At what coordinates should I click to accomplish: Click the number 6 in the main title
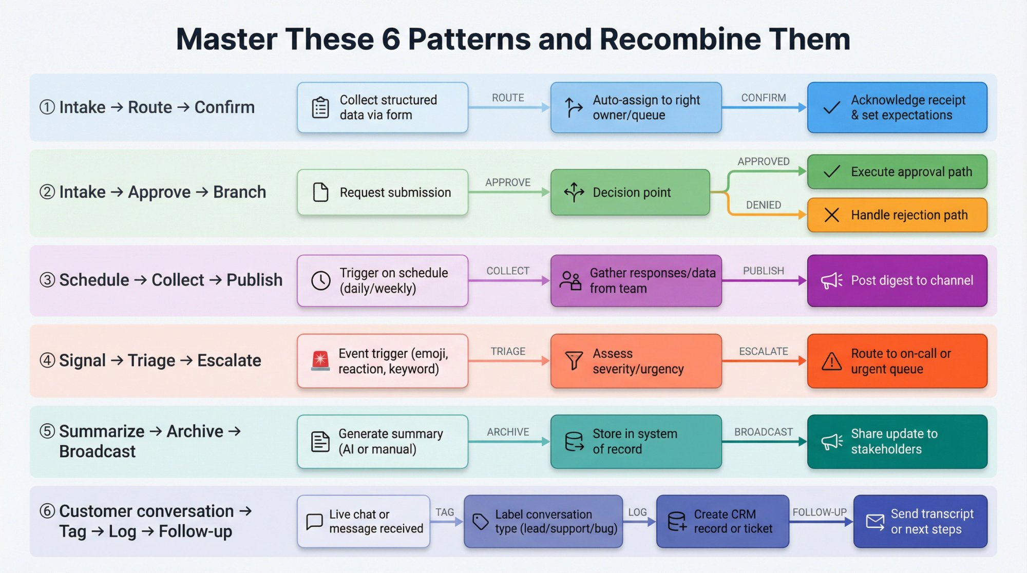point(391,40)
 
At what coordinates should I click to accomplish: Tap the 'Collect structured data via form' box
point(382,107)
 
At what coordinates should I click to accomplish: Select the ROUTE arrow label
point(507,98)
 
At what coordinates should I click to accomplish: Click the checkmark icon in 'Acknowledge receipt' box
point(831,108)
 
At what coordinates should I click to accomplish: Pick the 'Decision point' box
point(630,193)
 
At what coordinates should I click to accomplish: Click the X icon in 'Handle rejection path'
point(831,215)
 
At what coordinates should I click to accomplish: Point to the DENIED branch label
point(763,205)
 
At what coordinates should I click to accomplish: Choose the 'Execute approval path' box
point(897,171)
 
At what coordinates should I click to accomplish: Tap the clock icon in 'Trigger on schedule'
point(321,281)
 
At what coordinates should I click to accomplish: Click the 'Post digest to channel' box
point(897,281)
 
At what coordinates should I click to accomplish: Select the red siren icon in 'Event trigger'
point(320,360)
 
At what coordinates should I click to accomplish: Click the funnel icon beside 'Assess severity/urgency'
point(574,360)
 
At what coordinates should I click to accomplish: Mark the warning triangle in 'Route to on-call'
point(831,361)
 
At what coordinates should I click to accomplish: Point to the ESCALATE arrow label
point(763,351)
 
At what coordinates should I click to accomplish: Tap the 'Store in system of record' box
point(636,442)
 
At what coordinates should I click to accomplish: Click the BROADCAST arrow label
point(763,432)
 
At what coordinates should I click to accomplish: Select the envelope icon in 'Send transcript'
point(875,522)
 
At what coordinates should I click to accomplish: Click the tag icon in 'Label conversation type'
point(480,522)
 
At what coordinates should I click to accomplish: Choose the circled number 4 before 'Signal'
point(47,360)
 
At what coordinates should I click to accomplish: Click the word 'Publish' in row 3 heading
point(254,280)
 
